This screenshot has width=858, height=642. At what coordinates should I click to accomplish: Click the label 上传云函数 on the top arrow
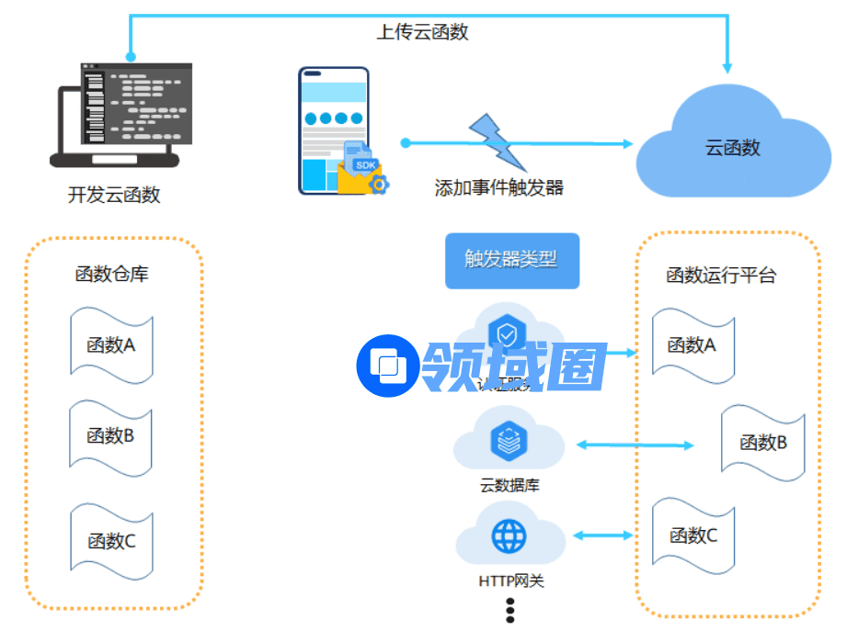pos(422,32)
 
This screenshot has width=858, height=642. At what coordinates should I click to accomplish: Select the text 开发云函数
pos(114,195)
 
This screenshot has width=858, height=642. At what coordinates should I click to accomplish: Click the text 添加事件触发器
pos(498,188)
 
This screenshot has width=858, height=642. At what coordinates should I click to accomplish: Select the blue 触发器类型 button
pos(512,260)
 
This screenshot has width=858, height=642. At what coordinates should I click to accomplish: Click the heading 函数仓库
pos(111,274)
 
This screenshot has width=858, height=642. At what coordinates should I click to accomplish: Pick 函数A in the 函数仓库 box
pos(111,345)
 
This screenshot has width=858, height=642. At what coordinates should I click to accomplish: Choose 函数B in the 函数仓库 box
pos(111,435)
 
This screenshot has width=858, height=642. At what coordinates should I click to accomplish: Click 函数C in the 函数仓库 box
pos(111,541)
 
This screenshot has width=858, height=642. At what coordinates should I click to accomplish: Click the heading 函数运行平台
pos(721,275)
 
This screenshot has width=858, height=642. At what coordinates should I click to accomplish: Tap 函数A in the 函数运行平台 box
pos(692,345)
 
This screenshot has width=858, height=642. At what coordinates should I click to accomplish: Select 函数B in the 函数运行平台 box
pos(763,443)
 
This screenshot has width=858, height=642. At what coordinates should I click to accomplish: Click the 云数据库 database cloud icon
pos(508,442)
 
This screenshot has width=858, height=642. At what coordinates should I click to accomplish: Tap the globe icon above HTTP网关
pos(509,535)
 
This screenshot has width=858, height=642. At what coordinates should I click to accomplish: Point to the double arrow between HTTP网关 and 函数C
pos(602,535)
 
